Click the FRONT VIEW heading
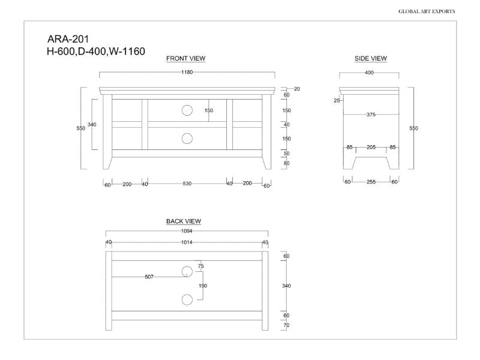point(185,58)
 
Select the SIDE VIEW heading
point(370,58)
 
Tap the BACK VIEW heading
point(184,221)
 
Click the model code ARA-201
point(68,40)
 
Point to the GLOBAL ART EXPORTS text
point(427,11)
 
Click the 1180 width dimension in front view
point(187,72)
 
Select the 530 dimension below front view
point(187,184)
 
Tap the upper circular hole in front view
point(187,110)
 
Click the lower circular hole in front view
point(187,139)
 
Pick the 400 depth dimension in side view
point(369,73)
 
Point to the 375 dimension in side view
point(371,115)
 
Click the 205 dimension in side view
point(370,147)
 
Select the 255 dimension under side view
point(371,182)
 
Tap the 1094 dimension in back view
point(187,231)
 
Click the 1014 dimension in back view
point(187,242)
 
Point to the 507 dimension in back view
point(149,277)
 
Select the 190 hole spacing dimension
point(203,286)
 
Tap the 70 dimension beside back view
point(286,325)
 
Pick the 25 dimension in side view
point(337,101)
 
